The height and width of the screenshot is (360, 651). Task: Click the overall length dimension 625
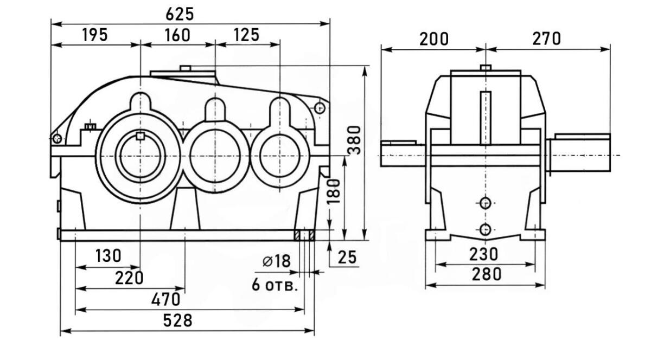pos(180,14)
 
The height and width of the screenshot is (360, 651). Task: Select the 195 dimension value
pos(95,35)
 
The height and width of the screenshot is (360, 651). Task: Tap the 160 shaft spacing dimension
pos(177,35)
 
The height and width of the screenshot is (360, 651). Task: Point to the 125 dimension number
pos(247,35)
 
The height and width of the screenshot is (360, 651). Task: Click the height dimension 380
pos(354,140)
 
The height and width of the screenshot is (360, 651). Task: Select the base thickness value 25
pos(347,258)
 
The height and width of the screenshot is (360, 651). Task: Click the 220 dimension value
pos(129,278)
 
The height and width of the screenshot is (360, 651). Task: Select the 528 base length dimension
pos(178,320)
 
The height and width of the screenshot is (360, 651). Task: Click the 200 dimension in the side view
pos(434,39)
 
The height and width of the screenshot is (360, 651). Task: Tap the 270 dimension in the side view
pos(546,39)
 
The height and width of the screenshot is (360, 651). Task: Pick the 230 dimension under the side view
pos(484,254)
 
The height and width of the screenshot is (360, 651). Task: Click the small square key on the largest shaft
pos(141,136)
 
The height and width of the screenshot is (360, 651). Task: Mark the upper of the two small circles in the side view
pos(486,203)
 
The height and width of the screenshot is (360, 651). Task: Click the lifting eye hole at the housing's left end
pos(56,139)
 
